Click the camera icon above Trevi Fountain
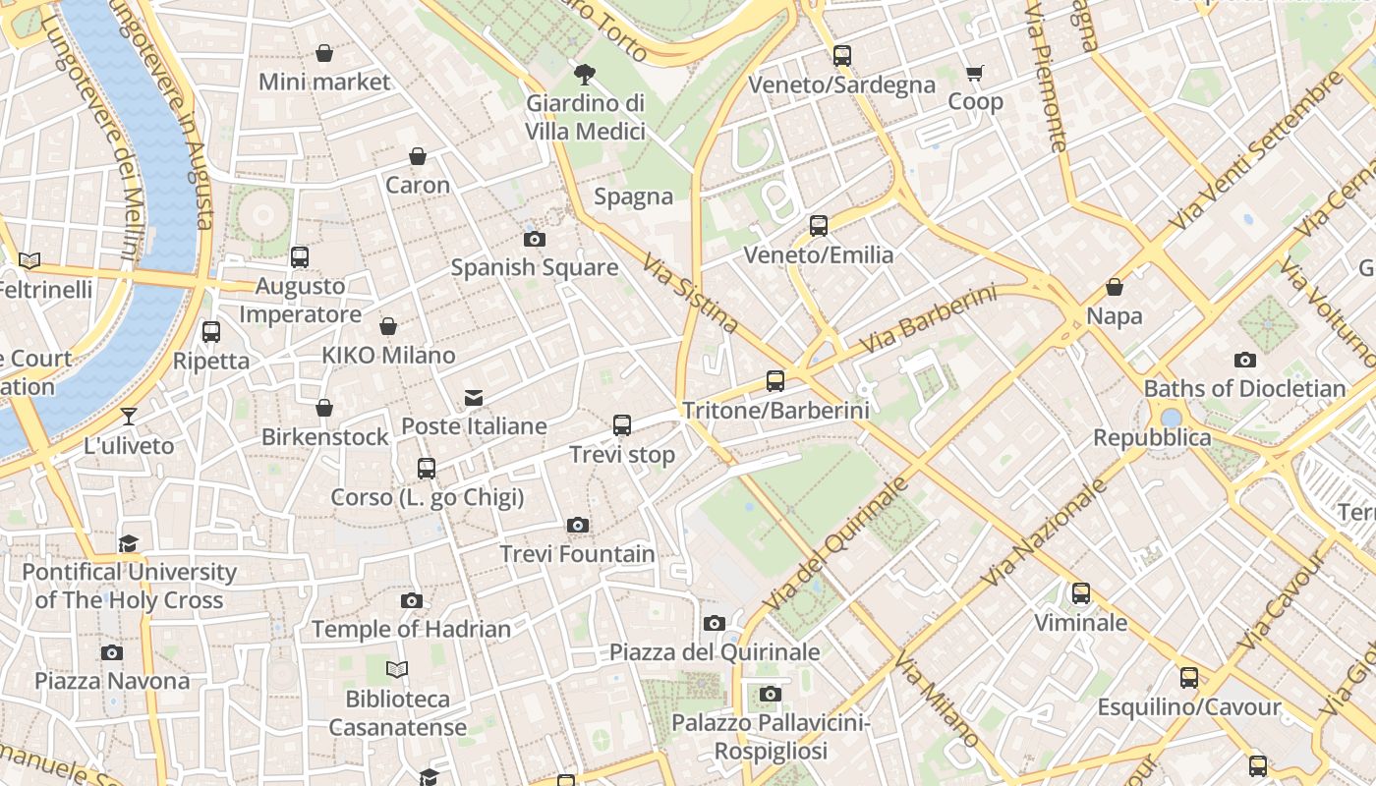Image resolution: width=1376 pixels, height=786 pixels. (578, 526)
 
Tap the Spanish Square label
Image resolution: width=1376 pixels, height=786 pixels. (535, 267)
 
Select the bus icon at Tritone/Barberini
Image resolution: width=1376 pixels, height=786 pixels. (775, 381)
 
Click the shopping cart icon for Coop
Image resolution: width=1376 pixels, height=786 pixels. (975, 73)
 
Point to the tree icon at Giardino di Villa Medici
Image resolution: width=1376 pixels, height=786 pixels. (585, 74)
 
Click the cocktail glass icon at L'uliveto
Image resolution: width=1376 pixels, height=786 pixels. (129, 417)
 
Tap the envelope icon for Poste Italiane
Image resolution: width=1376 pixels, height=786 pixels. (474, 398)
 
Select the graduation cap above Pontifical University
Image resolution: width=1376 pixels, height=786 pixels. (129, 543)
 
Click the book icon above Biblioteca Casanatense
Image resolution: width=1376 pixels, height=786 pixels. (397, 670)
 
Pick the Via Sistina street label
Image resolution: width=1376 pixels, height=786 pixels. (690, 294)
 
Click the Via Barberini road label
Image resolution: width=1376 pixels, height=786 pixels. (928, 320)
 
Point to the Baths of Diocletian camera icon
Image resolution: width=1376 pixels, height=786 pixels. (1245, 361)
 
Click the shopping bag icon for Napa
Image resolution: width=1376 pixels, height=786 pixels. (1115, 287)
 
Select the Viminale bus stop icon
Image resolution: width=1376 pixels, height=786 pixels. (1081, 593)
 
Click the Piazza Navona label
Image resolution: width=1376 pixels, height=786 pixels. (112, 681)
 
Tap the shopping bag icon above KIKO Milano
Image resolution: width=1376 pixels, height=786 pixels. (388, 326)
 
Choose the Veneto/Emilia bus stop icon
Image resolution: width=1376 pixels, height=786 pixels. (819, 226)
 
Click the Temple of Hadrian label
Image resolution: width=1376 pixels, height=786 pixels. (411, 629)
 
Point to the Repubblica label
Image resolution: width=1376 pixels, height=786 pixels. (1152, 437)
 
